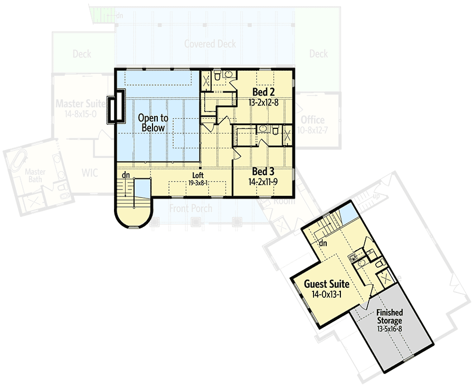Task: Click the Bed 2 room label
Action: click(262, 91)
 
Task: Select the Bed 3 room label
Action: click(262, 172)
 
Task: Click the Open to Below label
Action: click(152, 123)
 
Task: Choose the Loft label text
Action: click(198, 176)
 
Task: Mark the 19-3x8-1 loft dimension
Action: click(198, 183)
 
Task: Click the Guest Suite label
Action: click(326, 284)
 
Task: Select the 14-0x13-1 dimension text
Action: click(326, 294)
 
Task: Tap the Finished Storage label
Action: click(389, 317)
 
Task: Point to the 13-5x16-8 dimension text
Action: click(389, 328)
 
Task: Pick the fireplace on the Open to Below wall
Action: click(116, 107)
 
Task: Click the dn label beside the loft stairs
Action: click(126, 175)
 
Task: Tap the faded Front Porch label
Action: click(191, 209)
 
